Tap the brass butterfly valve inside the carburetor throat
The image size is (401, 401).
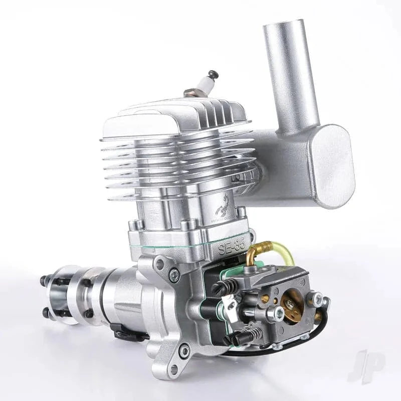click(x=292, y=306)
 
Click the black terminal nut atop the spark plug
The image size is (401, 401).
click(x=213, y=74)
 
